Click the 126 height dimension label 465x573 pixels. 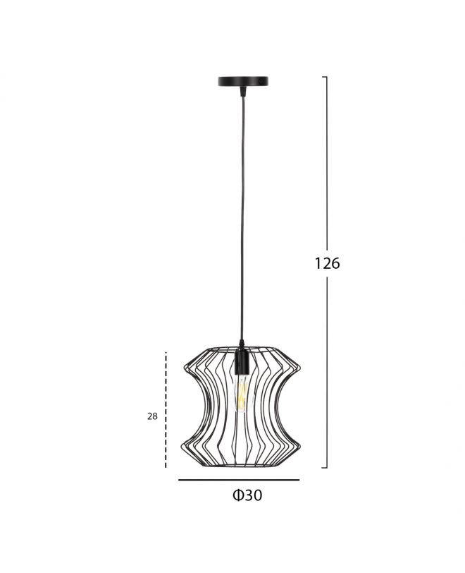(x=327, y=263)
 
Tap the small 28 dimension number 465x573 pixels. (x=153, y=416)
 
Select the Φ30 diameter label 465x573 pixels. (x=247, y=495)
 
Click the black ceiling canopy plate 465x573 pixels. (x=243, y=81)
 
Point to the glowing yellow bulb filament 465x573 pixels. (x=241, y=394)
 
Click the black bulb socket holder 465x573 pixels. (x=241, y=362)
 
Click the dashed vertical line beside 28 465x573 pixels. (x=166, y=410)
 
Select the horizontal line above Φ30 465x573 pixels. (x=239, y=480)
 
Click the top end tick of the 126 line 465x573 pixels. (x=324, y=77)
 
